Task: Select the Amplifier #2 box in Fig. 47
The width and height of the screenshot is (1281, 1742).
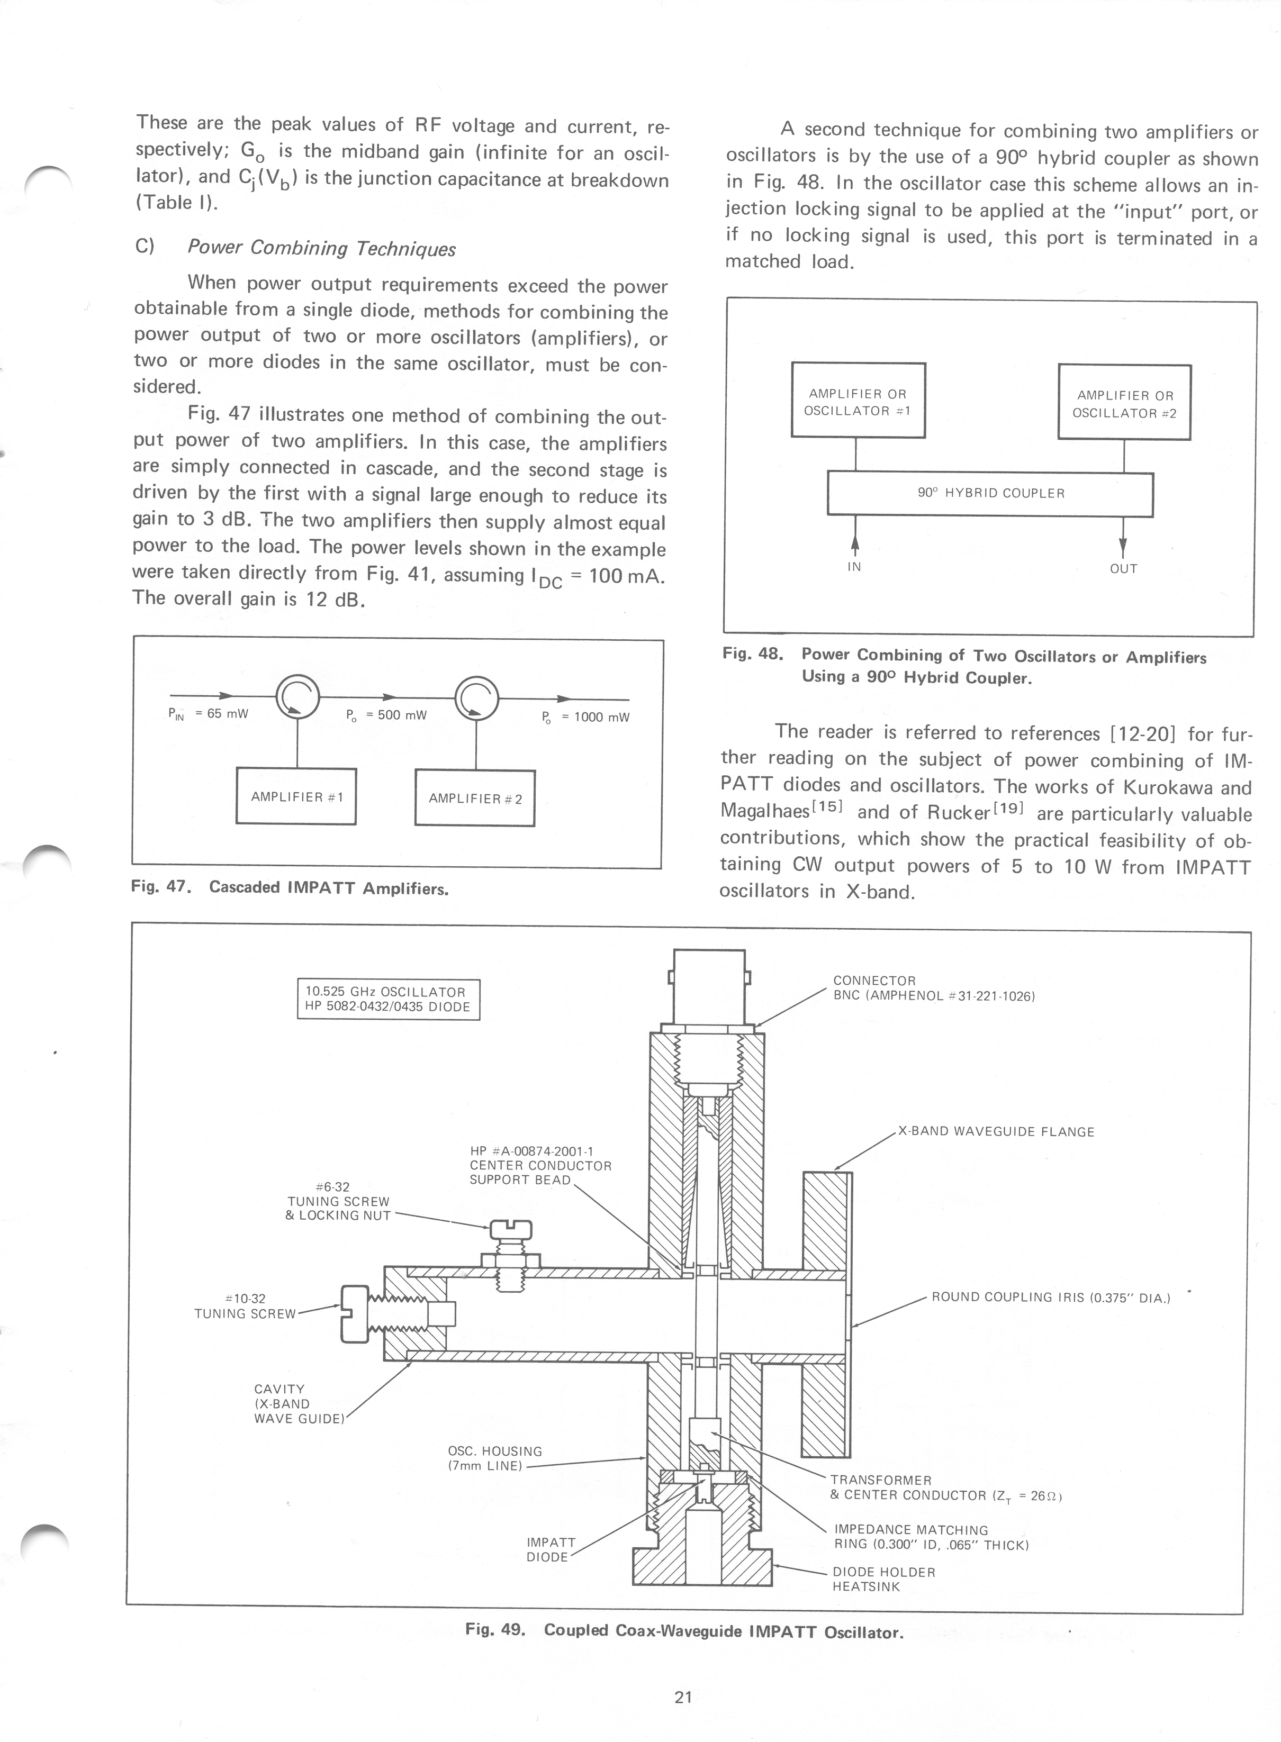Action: coord(475,798)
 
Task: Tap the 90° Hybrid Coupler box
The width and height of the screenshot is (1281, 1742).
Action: coord(990,493)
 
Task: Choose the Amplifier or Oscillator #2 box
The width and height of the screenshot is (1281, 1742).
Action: coord(1124,403)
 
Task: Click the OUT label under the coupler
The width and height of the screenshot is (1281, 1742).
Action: coord(1123,568)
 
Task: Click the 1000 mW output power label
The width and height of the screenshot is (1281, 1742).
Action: coord(586,717)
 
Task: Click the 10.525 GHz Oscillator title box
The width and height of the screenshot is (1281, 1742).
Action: coord(389,999)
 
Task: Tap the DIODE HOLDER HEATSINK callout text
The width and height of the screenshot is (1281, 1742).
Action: coord(883,1579)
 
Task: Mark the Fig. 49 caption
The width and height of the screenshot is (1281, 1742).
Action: coord(684,1630)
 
